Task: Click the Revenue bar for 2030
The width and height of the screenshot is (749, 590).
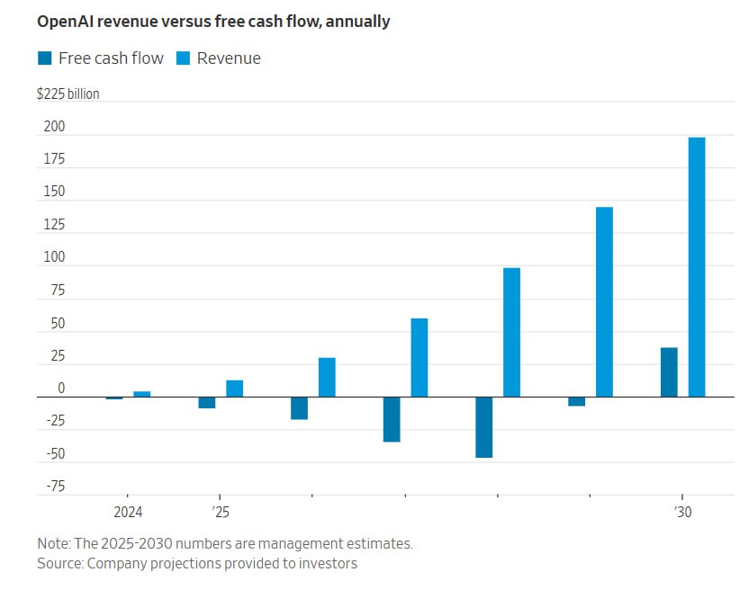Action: [x=697, y=267]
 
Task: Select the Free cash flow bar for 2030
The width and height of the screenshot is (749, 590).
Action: [x=669, y=372]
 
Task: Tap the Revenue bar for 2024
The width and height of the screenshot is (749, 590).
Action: [x=141, y=394]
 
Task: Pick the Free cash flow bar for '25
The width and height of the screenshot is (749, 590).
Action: [x=207, y=402]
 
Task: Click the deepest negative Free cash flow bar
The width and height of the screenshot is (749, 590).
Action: [x=484, y=427]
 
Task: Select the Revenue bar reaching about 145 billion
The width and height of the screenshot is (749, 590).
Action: [x=604, y=302]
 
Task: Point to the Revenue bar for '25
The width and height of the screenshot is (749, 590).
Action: [x=234, y=389]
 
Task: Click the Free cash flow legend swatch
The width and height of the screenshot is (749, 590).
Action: [x=44, y=58]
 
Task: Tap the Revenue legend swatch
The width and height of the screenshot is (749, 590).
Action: [x=183, y=58]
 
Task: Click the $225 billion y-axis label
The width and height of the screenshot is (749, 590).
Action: [x=68, y=94]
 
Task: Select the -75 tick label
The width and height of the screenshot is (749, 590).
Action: [x=55, y=487]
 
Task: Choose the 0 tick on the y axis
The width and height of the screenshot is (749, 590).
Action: [x=61, y=389]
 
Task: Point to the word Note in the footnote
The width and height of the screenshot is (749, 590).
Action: [x=53, y=544]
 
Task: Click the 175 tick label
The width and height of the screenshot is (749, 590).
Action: [x=54, y=159]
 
